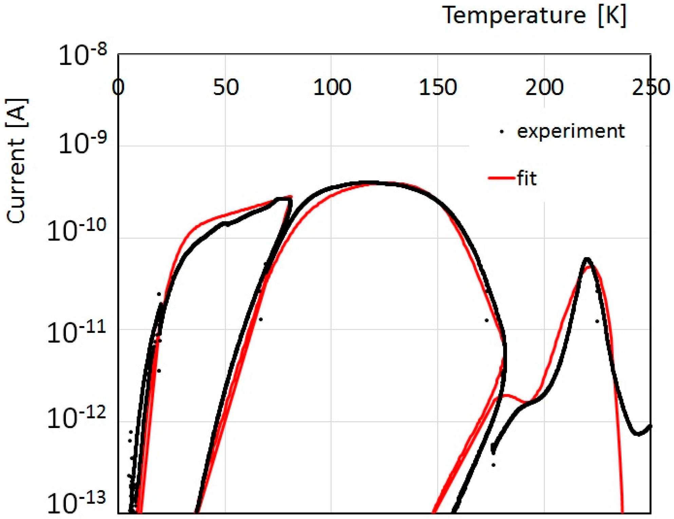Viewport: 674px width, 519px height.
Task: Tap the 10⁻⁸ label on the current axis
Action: (x=82, y=55)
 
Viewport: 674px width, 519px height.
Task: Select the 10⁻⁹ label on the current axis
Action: (x=82, y=143)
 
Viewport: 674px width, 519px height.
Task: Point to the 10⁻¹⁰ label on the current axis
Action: (x=77, y=231)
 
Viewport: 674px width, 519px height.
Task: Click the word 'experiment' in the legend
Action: (x=570, y=131)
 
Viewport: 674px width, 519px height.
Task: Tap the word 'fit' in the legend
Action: (x=527, y=178)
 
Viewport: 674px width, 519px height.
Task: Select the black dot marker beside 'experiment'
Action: (x=502, y=131)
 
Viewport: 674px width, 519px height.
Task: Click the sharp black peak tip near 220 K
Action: (x=587, y=259)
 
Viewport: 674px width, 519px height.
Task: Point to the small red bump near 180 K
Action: (x=506, y=395)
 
